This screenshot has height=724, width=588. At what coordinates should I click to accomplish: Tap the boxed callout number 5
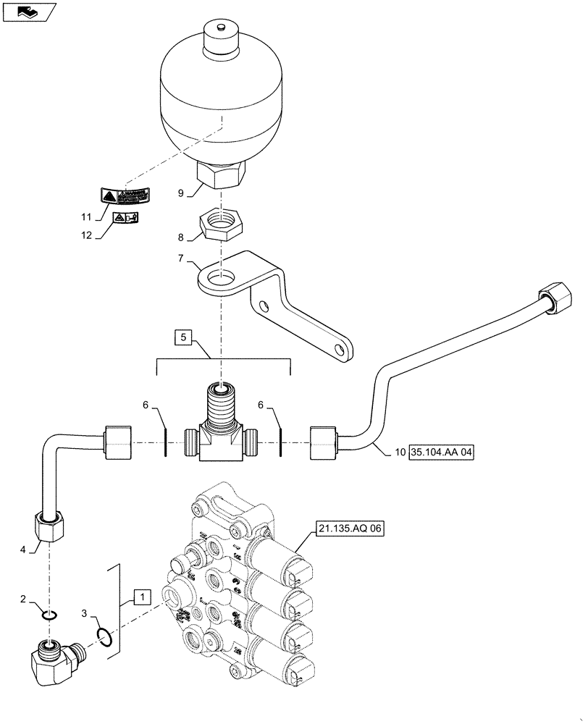tap(183, 337)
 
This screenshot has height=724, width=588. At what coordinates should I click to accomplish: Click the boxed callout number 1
tap(142, 598)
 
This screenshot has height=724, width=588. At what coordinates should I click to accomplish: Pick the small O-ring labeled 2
tap(49, 615)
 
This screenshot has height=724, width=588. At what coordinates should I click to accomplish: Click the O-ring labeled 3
tap(104, 636)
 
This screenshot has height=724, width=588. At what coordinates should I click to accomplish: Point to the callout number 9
tap(182, 193)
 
